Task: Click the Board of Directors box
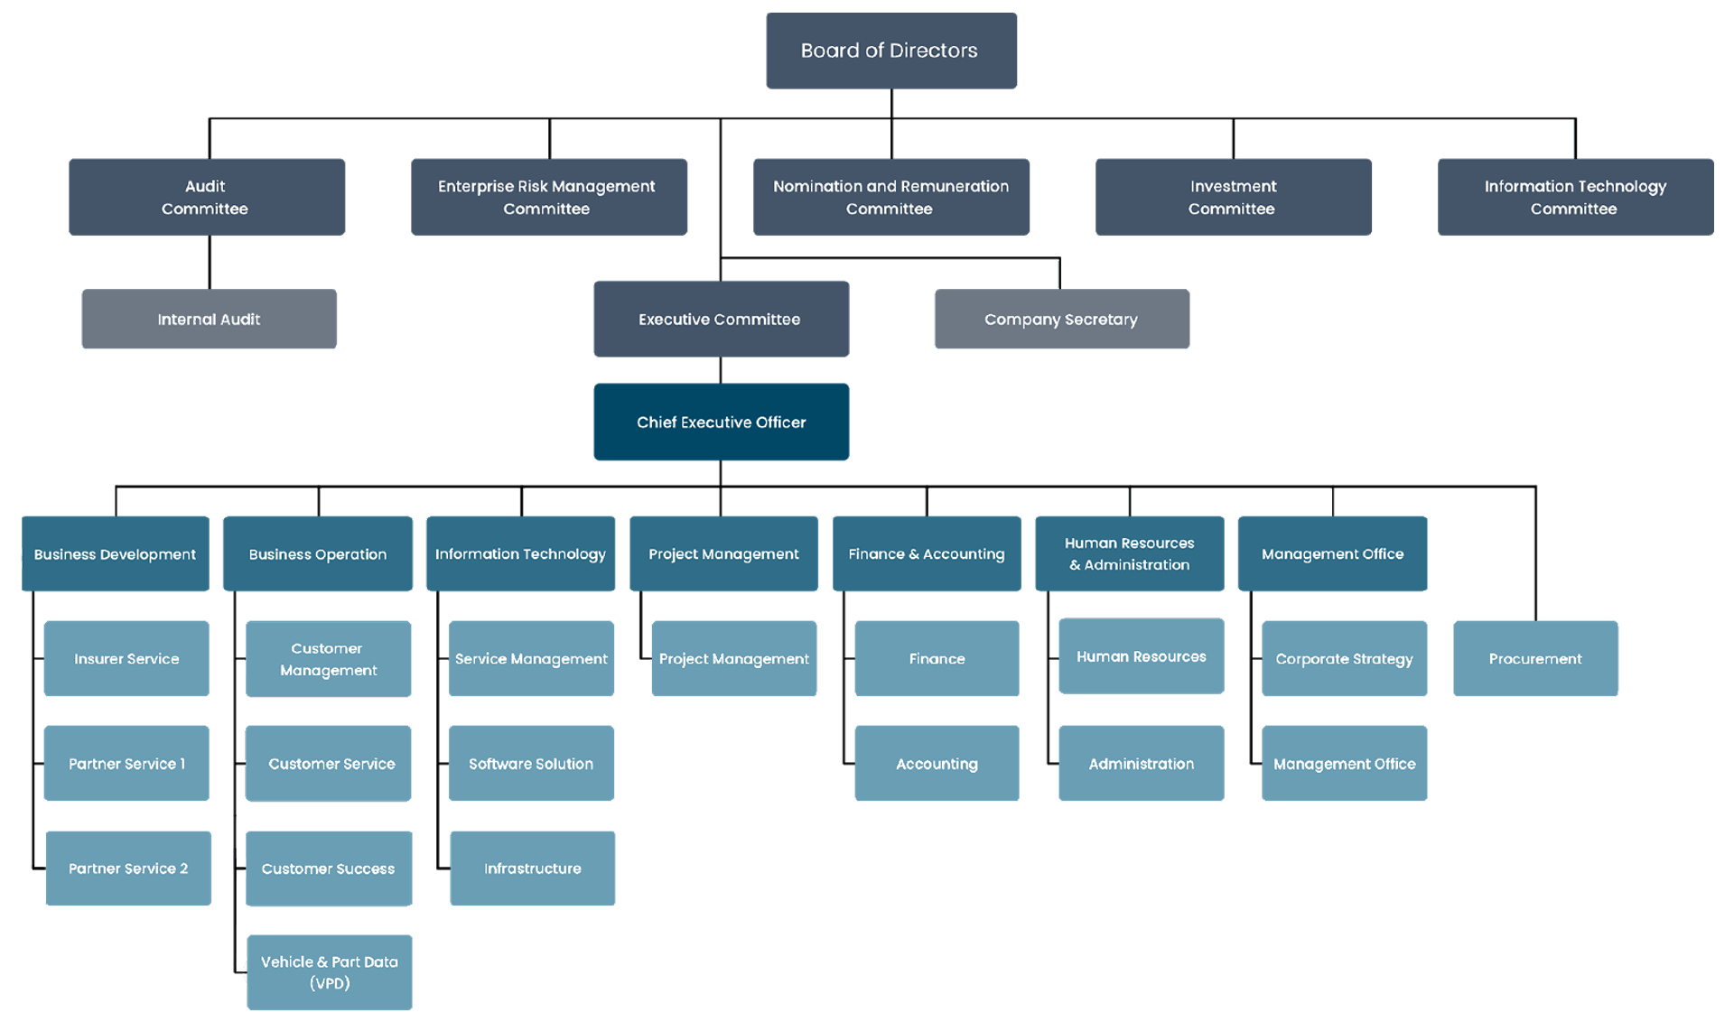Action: point(891,51)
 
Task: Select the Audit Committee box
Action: point(207,197)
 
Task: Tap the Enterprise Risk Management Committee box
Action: point(548,197)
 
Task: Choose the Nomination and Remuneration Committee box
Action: point(890,197)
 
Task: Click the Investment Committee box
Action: point(1233,197)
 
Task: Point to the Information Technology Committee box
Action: point(1575,197)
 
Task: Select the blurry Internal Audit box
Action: point(209,319)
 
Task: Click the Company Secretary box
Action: point(1061,319)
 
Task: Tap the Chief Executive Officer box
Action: point(721,422)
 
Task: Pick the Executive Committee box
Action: point(721,319)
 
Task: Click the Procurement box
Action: point(1535,658)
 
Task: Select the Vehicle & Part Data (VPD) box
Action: point(330,972)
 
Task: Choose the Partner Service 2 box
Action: point(128,869)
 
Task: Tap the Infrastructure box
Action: point(532,869)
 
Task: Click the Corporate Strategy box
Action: point(1344,658)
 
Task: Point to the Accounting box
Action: point(937,764)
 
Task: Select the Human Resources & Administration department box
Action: point(1129,553)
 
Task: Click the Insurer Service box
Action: point(126,658)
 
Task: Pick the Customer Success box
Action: point(328,869)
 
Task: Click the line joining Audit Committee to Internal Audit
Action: point(211,263)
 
